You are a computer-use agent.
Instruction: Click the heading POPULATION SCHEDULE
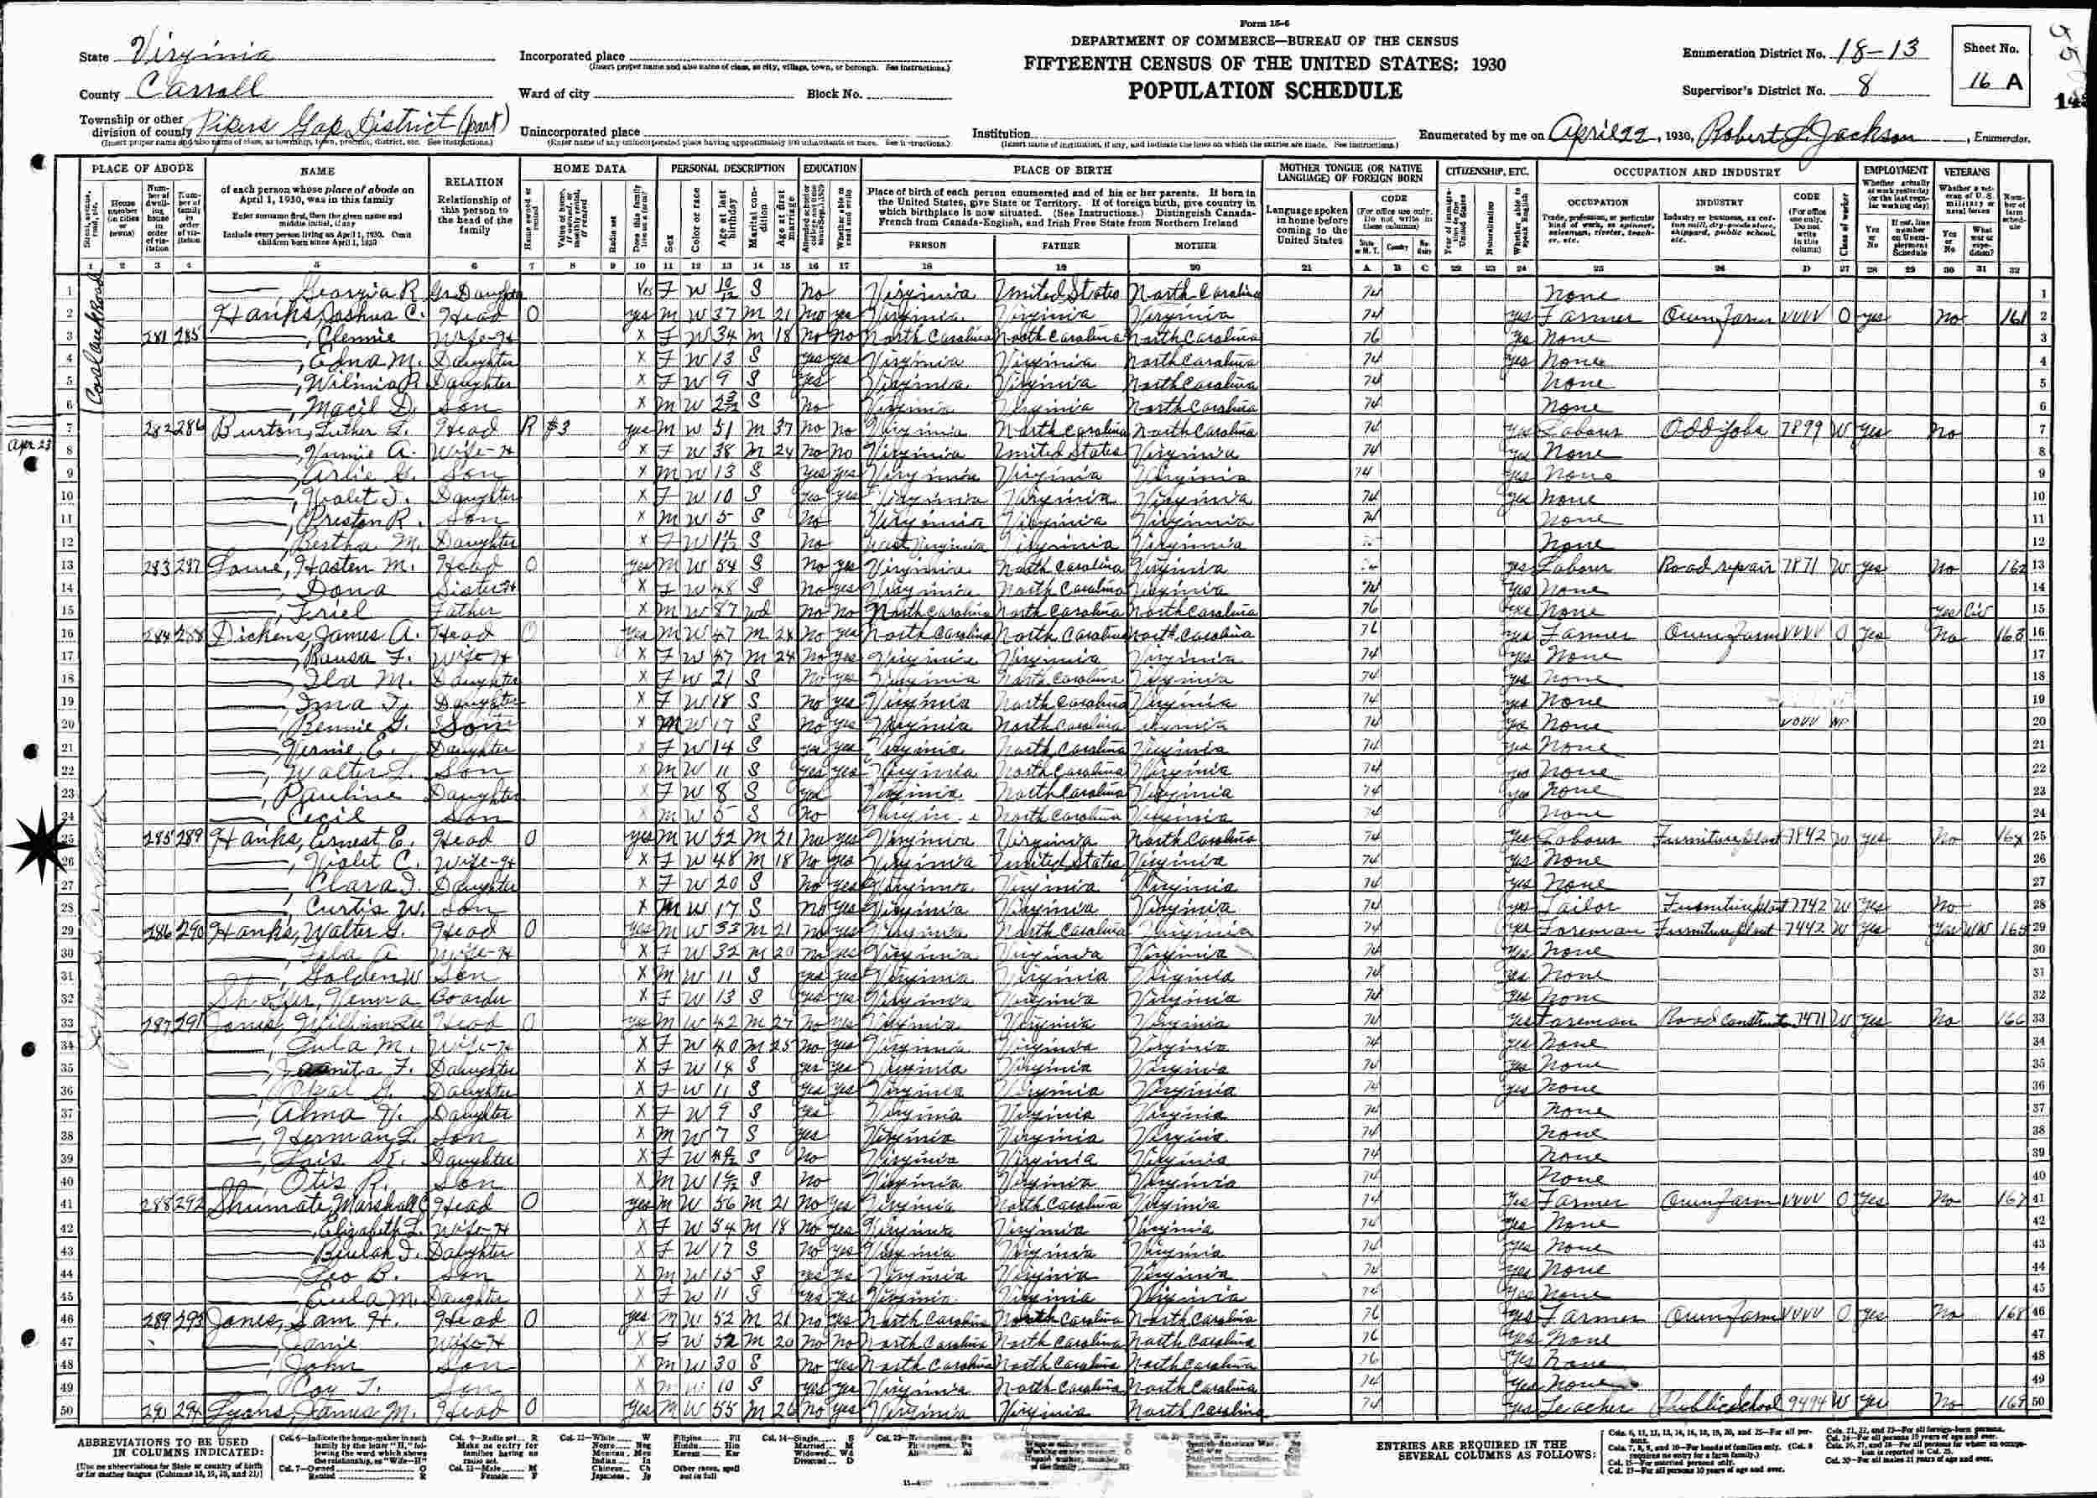pyautogui.click(x=1263, y=91)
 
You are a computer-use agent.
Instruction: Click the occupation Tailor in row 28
pyautogui.click(x=1584, y=906)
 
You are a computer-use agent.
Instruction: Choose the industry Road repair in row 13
pyautogui.click(x=1707, y=565)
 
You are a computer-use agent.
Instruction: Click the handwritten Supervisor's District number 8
pyautogui.click(x=1850, y=91)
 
